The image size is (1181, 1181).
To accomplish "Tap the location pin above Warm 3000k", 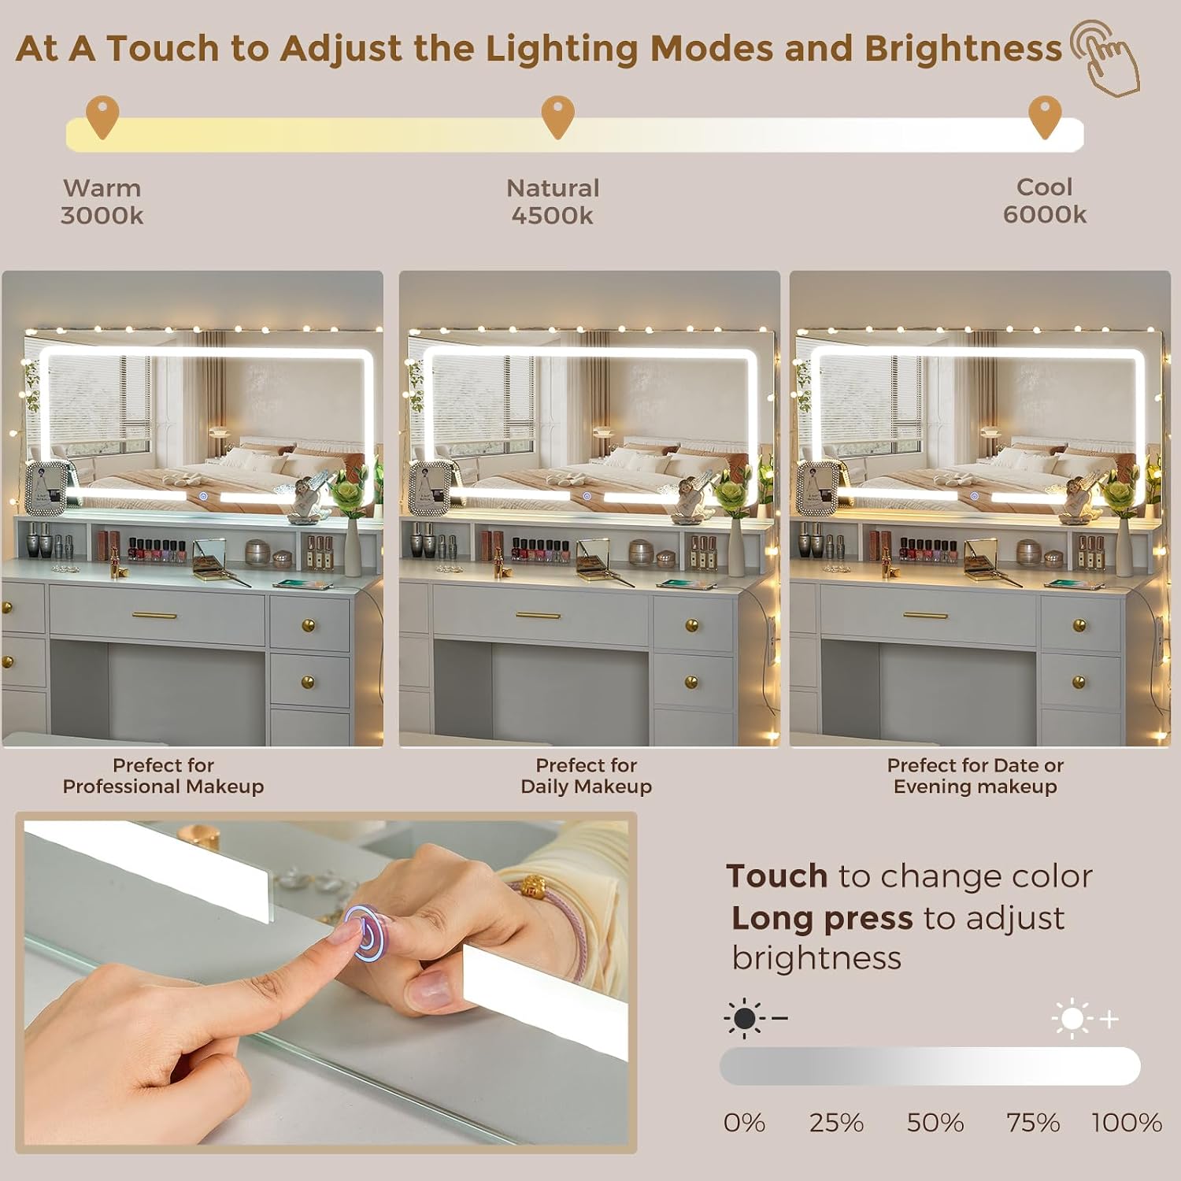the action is (x=102, y=117).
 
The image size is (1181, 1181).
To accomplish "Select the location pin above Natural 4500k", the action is (x=557, y=117).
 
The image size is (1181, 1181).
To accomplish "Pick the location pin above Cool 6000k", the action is (x=1045, y=117).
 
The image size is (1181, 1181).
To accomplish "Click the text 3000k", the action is (x=102, y=216).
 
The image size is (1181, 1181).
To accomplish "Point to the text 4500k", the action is (x=552, y=216).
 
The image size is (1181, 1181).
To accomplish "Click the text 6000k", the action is (x=1044, y=214).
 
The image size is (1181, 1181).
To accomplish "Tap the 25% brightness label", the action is (x=836, y=1123).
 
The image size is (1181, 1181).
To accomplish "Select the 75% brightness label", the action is (x=1033, y=1123).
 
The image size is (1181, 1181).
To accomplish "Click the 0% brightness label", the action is (x=744, y=1123).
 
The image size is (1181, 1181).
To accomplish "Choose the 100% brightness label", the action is (x=1127, y=1123).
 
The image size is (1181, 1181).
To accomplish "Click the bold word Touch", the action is (x=777, y=876).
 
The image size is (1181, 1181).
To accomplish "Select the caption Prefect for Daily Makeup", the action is (x=587, y=776).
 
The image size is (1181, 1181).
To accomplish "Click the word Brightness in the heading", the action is (x=963, y=49).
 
